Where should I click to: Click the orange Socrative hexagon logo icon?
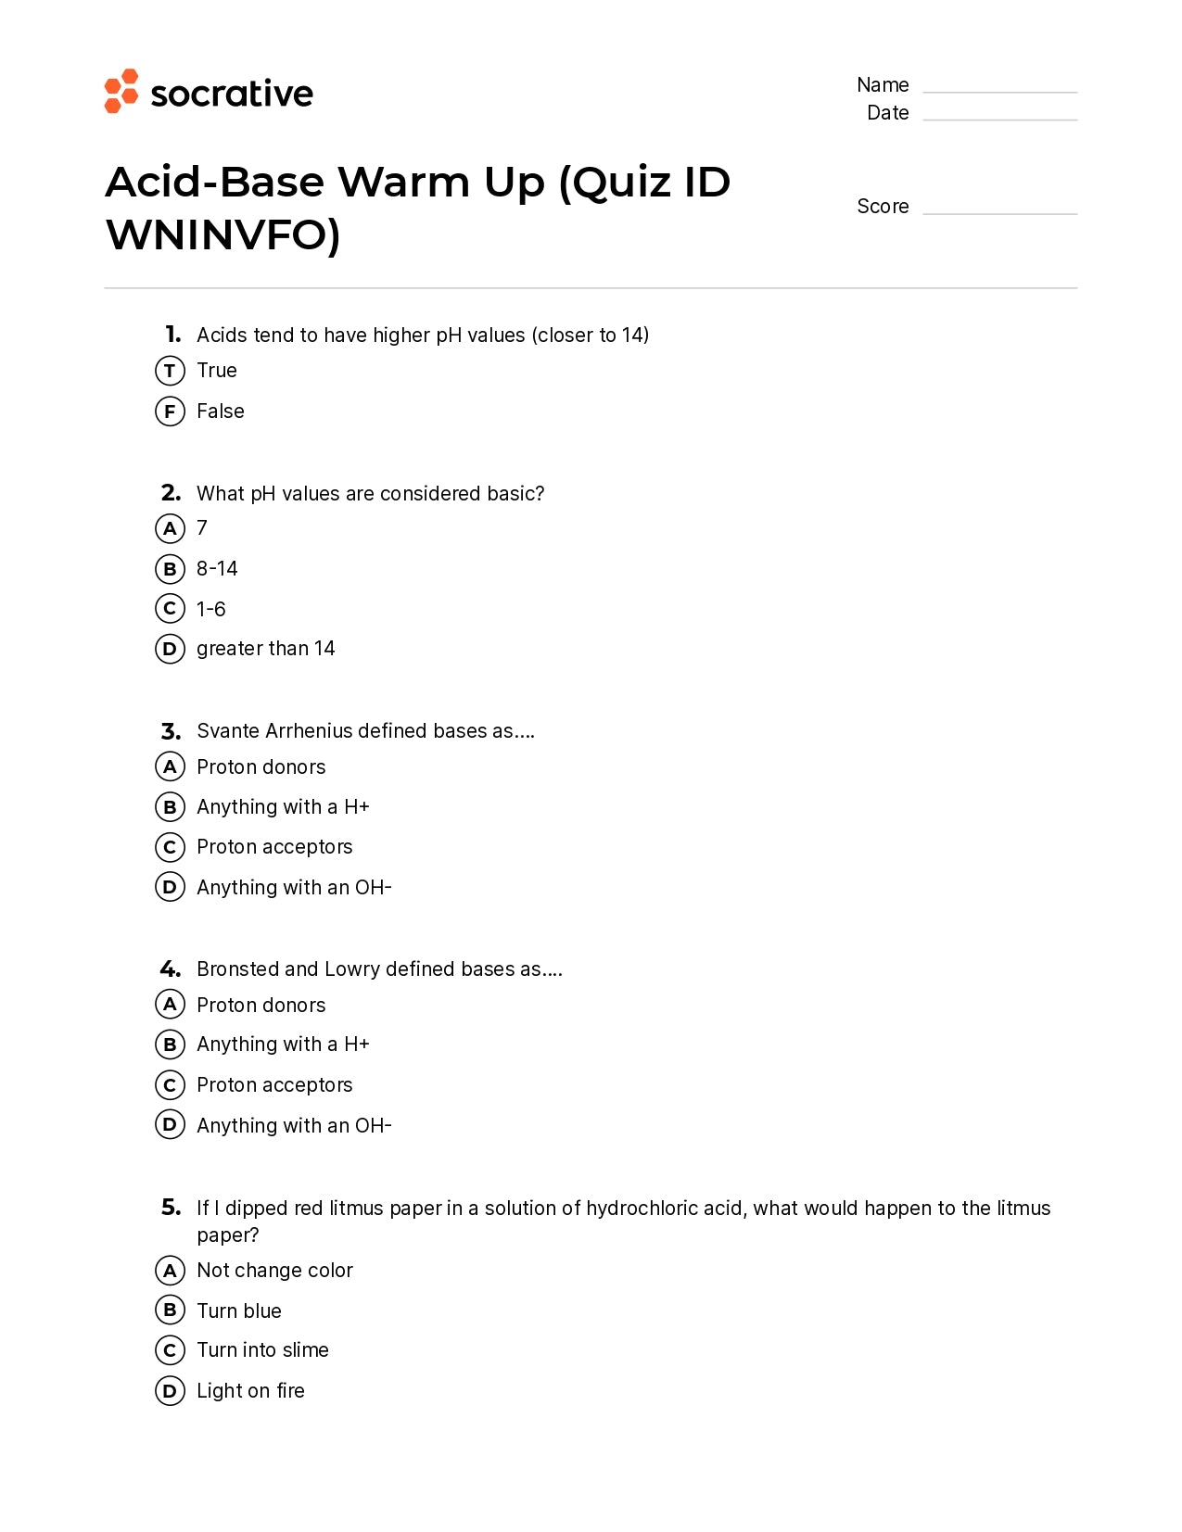[121, 91]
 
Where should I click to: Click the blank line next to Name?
[999, 91]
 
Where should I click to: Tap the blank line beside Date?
[999, 119]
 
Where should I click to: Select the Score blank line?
[999, 212]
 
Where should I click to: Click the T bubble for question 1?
[170, 371]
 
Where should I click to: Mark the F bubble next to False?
[170, 411]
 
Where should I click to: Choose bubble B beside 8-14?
[170, 568]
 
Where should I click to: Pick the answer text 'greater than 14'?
[265, 649]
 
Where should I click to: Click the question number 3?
[171, 731]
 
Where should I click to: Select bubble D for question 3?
[170, 887]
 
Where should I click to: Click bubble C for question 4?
[170, 1084]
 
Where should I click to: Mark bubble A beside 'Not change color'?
[170, 1270]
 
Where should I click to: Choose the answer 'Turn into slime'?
[262, 1350]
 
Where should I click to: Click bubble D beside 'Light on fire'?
[170, 1390]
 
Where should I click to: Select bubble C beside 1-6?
[170, 608]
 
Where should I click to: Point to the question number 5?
[172, 1208]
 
